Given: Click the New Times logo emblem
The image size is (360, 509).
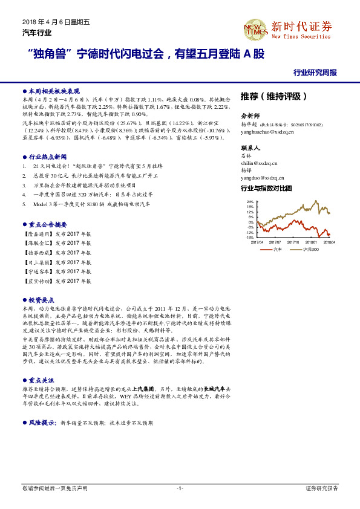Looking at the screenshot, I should pos(255,28).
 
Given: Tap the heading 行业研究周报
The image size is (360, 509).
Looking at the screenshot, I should pos(315,72).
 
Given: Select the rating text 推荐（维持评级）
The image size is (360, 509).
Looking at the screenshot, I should pos(274,96).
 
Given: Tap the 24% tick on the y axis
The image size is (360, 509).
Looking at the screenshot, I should pos(250,202).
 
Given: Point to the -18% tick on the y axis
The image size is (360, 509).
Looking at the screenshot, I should pos(250,238).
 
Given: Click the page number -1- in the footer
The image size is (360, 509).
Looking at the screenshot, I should pos(180,488).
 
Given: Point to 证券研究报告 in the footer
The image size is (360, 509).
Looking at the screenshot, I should pos(322,488).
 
